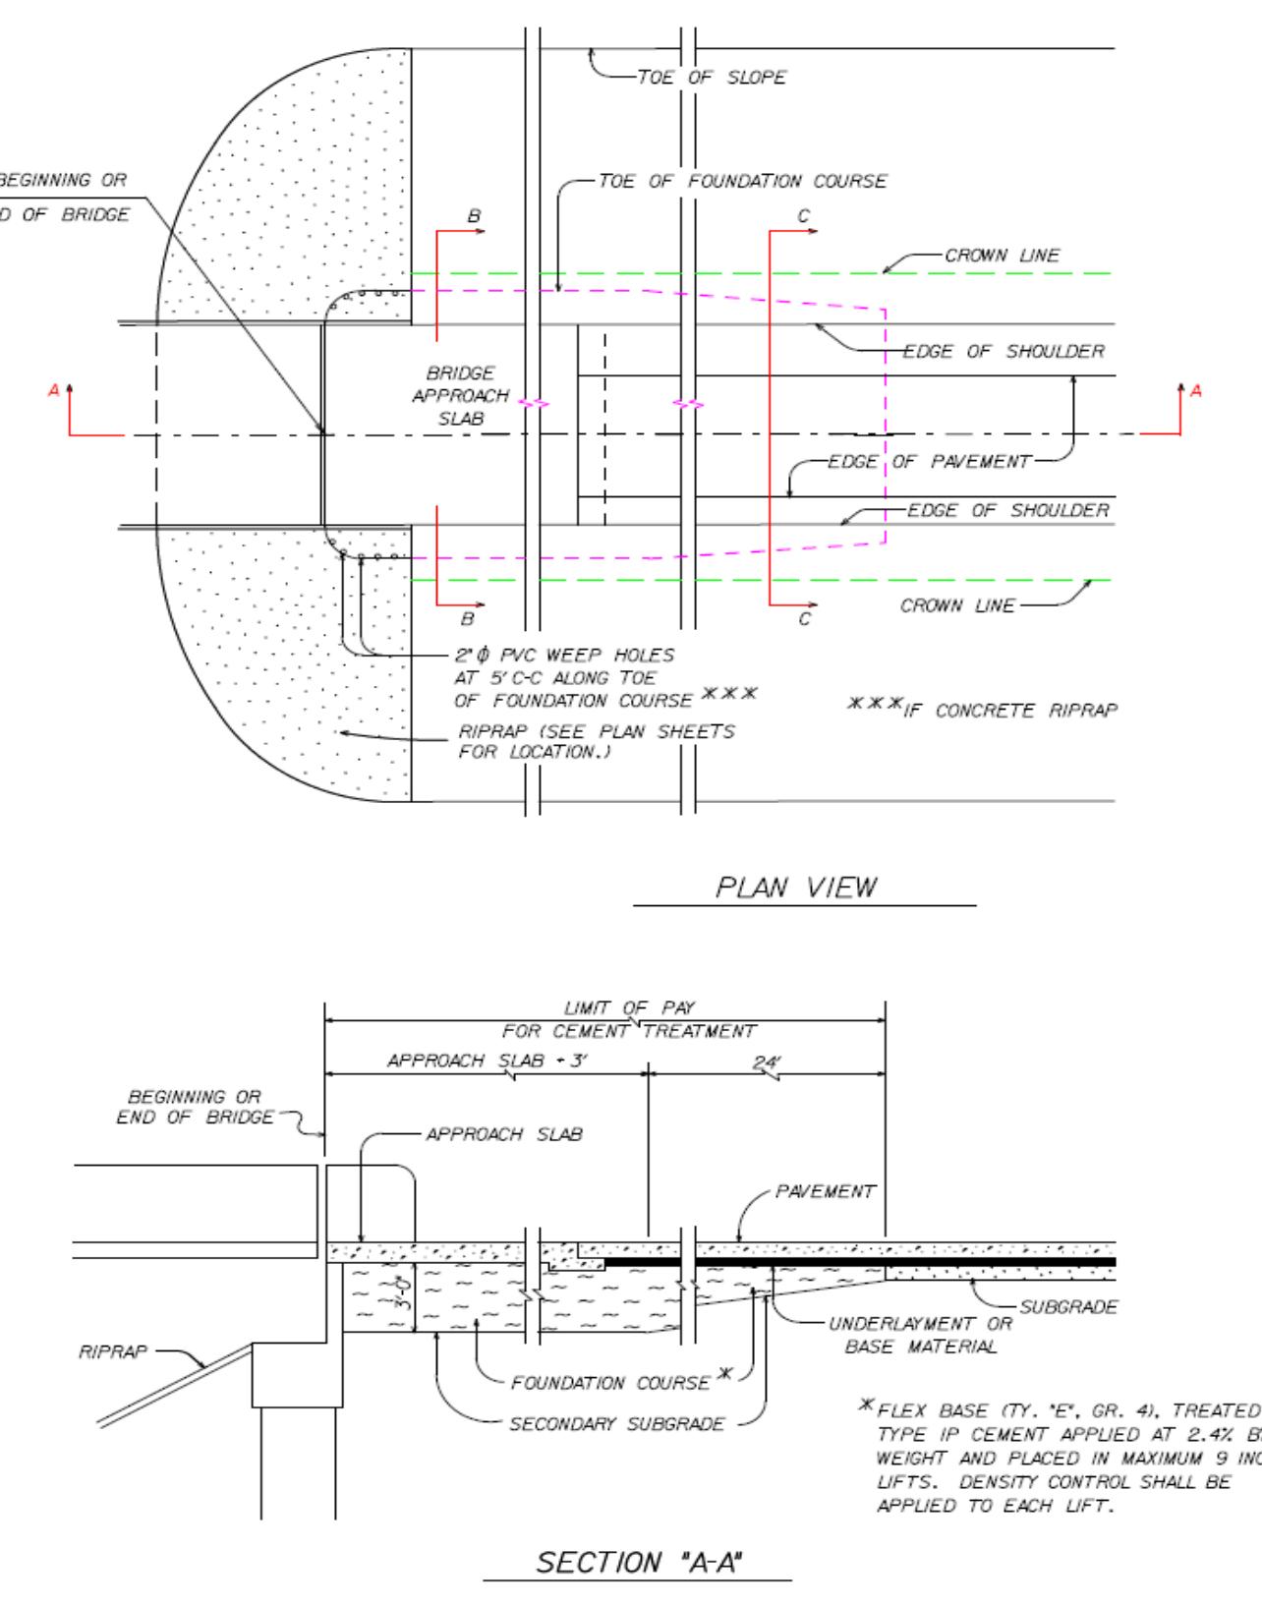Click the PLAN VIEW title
795,888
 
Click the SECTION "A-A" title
639,1562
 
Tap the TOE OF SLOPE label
712,78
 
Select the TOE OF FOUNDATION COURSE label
742,181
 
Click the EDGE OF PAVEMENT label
929,462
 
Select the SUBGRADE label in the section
1068,1307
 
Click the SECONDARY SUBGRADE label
616,1423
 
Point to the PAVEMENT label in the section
825,1191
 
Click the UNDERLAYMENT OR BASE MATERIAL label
920,1335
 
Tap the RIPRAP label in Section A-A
112,1352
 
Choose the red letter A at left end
55,391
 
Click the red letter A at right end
1195,391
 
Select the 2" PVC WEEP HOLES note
564,656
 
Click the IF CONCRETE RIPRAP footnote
983,710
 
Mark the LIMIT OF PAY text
629,1007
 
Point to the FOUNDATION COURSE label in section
609,1383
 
